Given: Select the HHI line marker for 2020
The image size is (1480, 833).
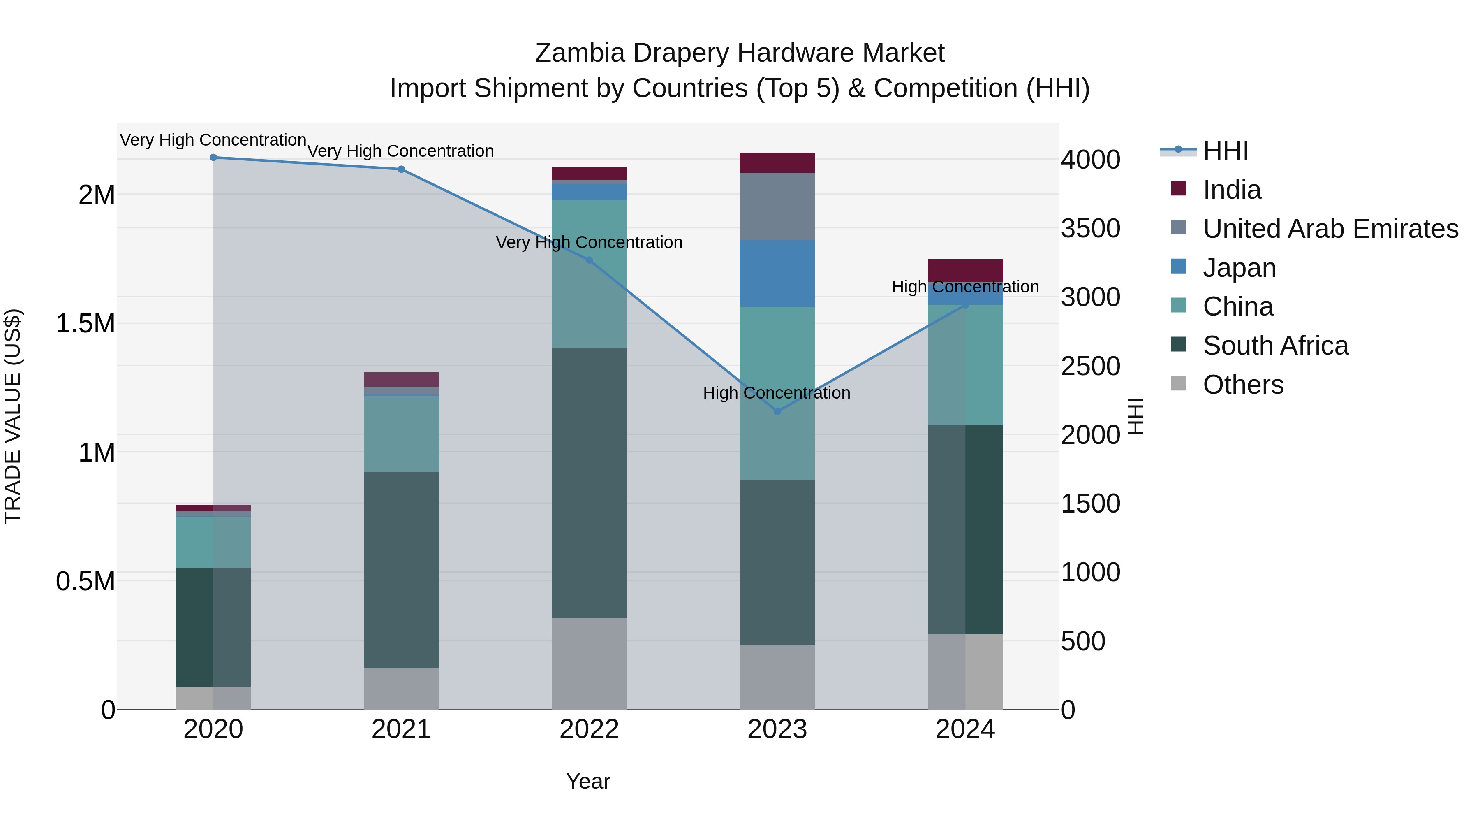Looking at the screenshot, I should coord(213,157).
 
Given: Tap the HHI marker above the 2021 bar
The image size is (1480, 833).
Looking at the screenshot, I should coord(401,169).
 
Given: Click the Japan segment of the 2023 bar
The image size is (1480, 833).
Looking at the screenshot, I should coord(777,273).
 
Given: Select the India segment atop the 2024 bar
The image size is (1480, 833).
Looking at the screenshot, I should coord(965,270).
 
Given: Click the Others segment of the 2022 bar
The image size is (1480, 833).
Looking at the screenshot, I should coord(589,664).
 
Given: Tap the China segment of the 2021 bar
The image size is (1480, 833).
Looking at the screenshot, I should coord(401,434).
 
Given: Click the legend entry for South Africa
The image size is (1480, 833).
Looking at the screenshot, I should coord(1275,346).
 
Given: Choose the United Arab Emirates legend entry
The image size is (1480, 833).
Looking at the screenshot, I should coord(1330,228).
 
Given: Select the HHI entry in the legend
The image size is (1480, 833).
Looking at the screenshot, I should coord(1225,151).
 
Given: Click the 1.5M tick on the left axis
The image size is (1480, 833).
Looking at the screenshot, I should coord(85,323).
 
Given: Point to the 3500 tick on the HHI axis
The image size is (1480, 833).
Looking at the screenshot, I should coord(1090,228).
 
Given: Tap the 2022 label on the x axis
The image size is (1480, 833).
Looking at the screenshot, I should coord(589,729).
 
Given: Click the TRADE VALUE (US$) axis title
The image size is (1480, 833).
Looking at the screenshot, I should coord(13,416).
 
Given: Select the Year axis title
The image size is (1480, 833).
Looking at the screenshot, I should coord(588,781).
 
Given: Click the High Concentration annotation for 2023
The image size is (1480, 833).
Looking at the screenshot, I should coord(776,393).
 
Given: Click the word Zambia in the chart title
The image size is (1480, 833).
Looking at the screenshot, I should coord(579,53).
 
